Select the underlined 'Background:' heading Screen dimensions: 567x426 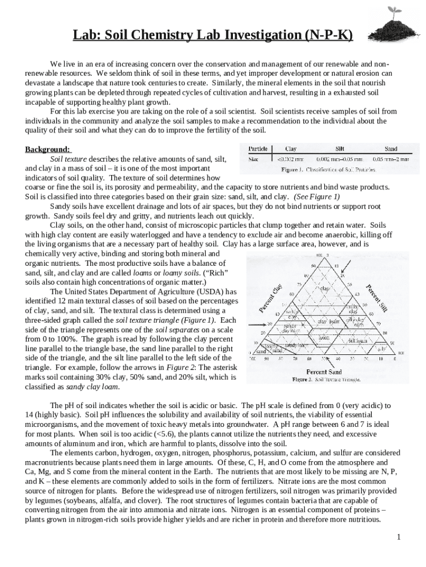pyautogui.click(x=48, y=150)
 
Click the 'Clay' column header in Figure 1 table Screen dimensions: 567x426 pyautogui.click(x=290, y=148)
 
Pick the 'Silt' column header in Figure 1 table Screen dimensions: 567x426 pyautogui.click(x=340, y=148)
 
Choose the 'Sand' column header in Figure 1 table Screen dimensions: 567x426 pyautogui.click(x=391, y=148)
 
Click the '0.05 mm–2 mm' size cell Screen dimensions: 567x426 pyautogui.click(x=391, y=158)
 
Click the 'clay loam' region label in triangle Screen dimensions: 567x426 pyautogui.click(x=328, y=321)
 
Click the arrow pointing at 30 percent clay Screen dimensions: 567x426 pyautogui.click(x=255, y=324)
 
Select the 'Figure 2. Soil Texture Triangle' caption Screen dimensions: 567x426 pyautogui.click(x=326, y=379)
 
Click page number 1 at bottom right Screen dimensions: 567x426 pyautogui.click(x=398, y=538)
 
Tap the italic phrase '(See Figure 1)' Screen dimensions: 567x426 pyautogui.click(x=316, y=197)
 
